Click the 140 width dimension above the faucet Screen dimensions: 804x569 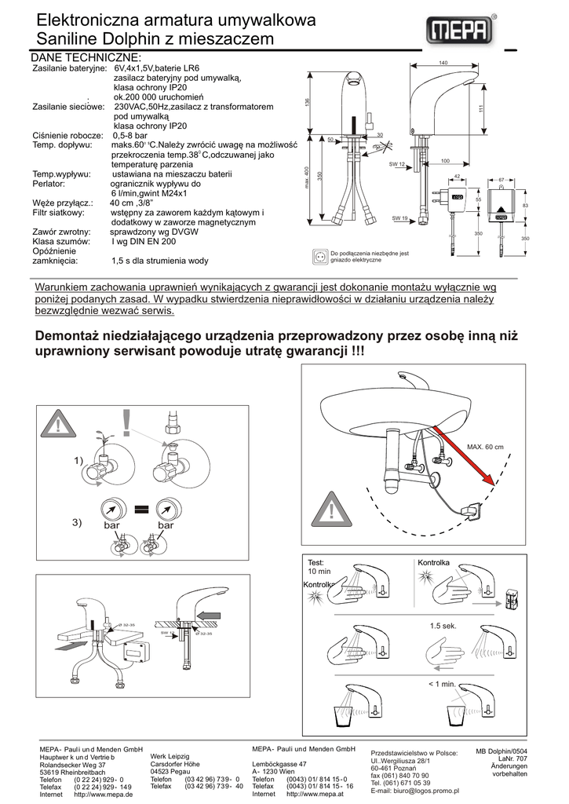(443, 63)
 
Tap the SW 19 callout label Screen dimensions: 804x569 (398, 217)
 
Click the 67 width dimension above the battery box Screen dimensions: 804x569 (501, 181)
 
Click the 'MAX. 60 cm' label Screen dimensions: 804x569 (484, 447)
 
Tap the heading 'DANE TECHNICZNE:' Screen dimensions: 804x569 (86, 58)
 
